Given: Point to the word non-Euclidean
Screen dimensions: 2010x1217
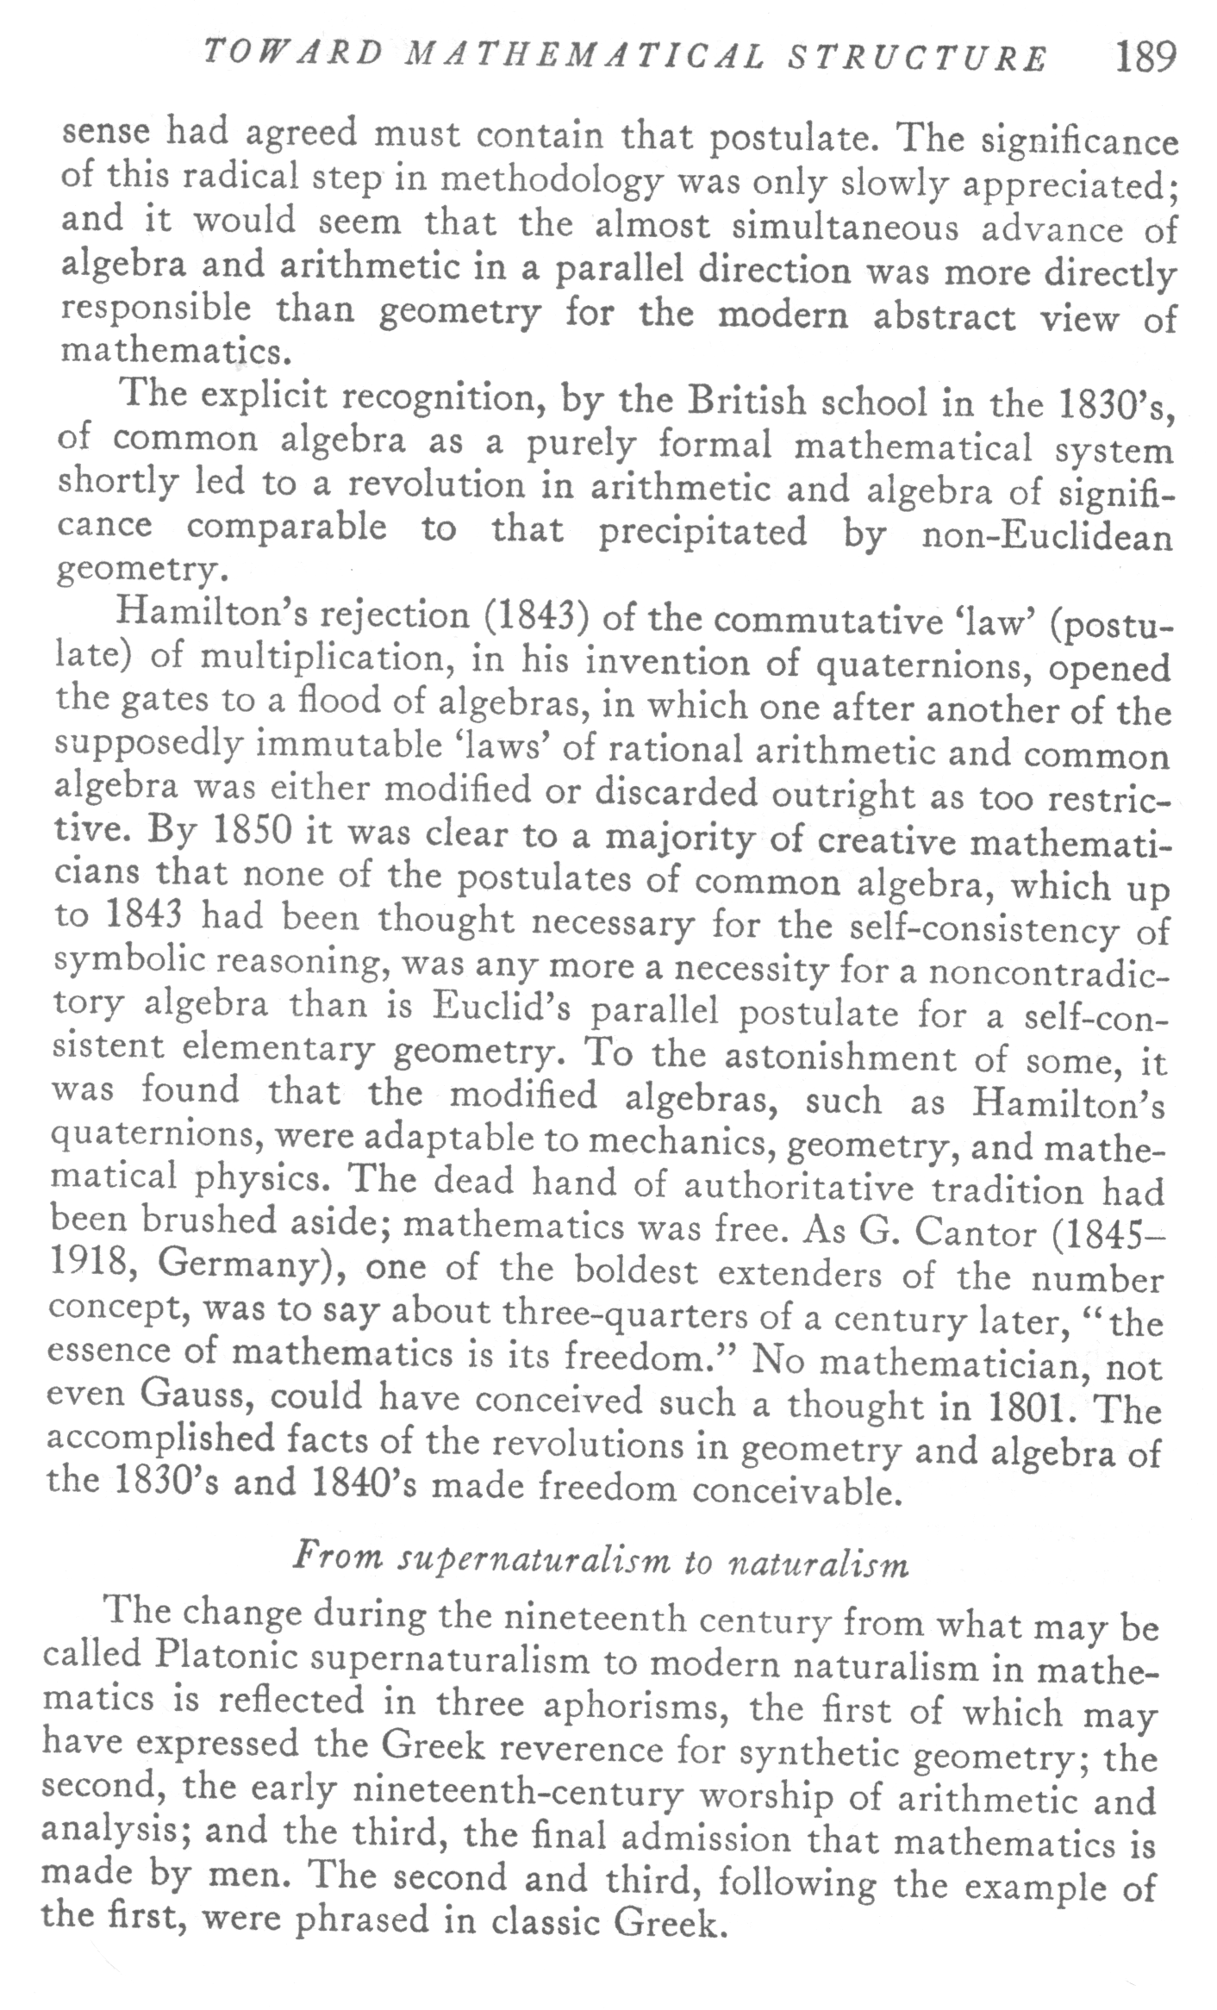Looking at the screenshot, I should [x=1046, y=537].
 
